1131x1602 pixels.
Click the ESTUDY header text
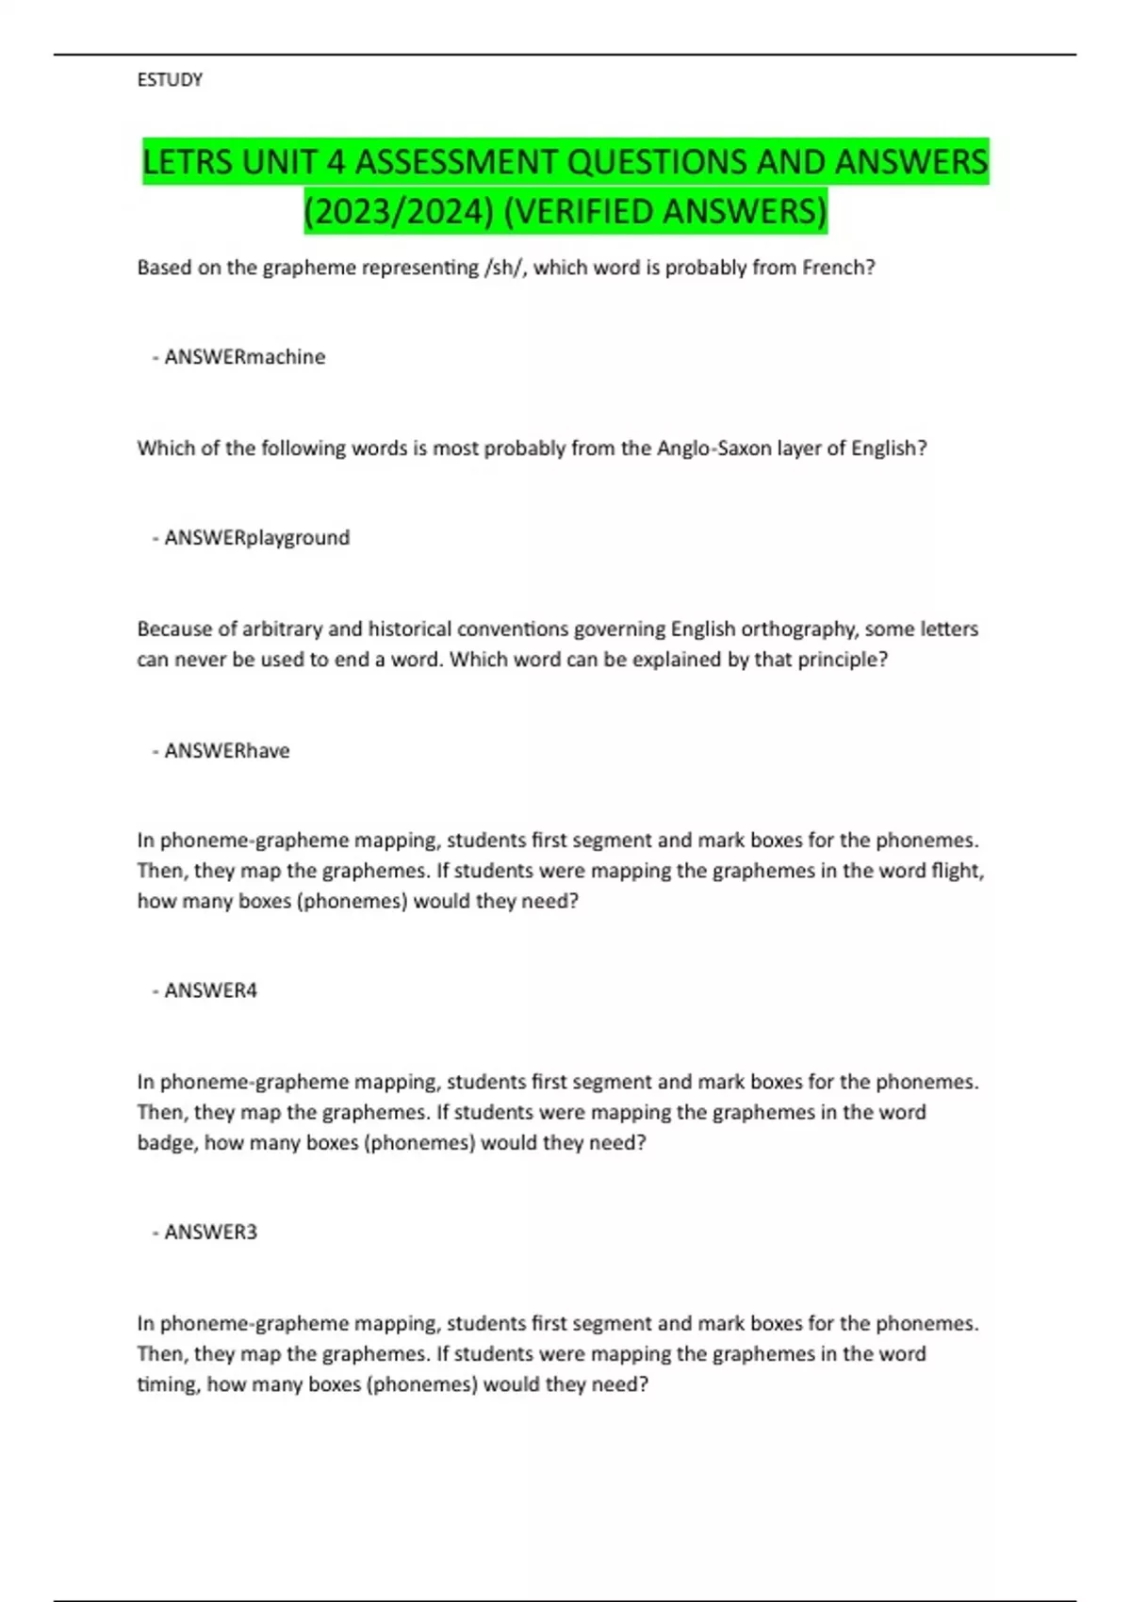point(170,80)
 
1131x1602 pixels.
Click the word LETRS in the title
point(188,162)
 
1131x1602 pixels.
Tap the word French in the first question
point(836,268)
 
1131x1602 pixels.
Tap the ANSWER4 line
point(210,990)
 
